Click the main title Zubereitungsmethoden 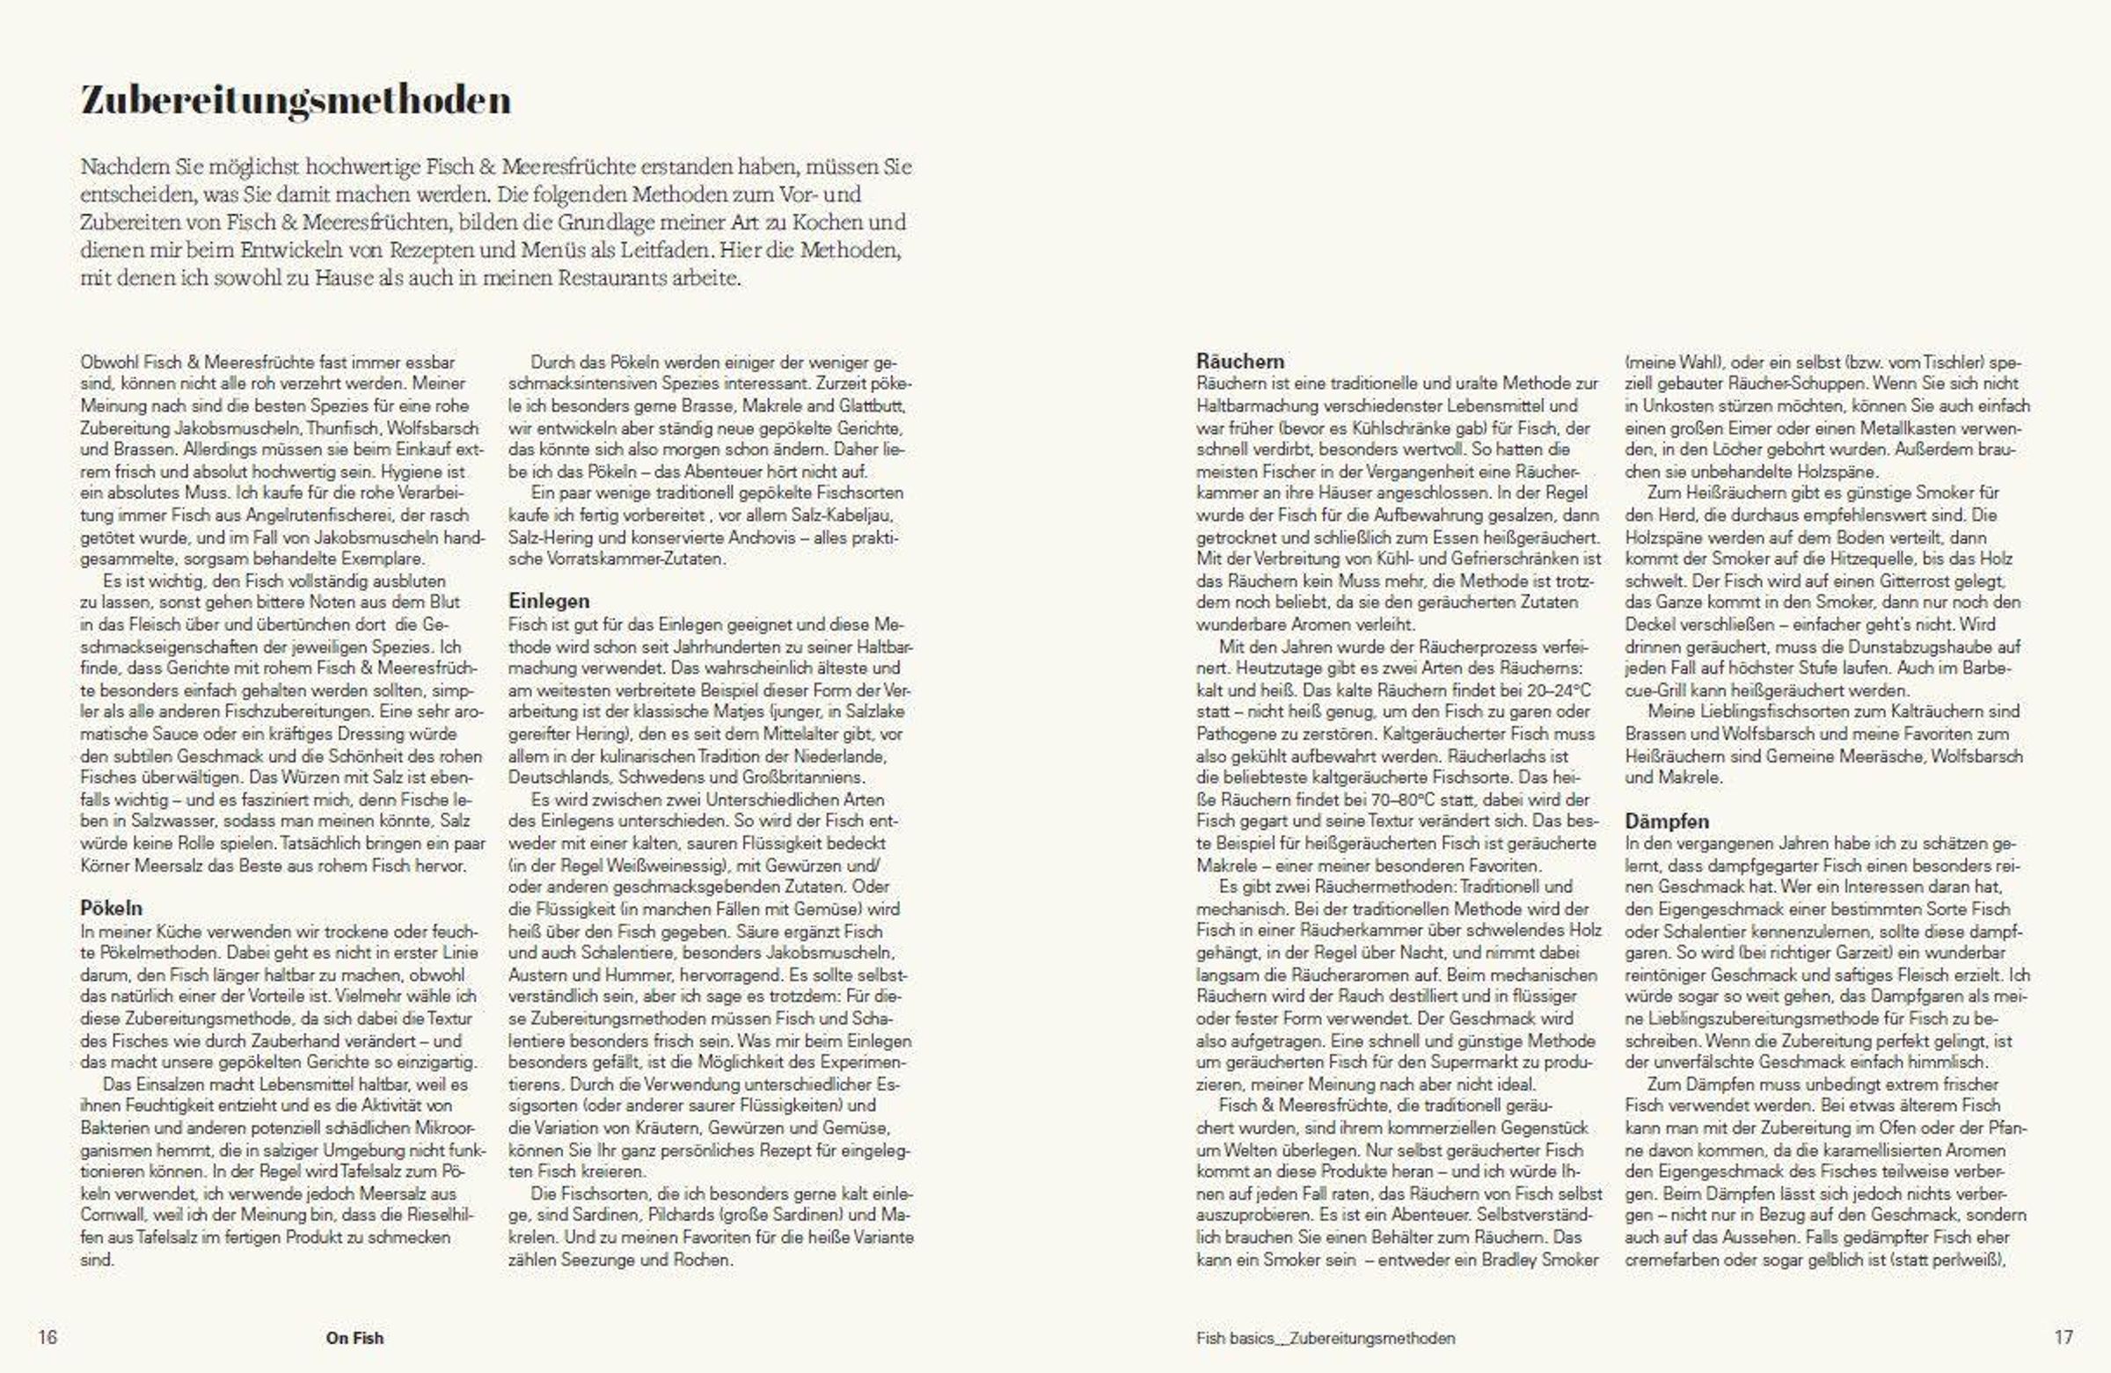click(x=296, y=100)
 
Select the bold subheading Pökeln click(x=111, y=908)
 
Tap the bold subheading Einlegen click(x=548, y=601)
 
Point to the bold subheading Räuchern click(x=1239, y=361)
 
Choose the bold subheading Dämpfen click(x=1667, y=821)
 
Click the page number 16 click(x=47, y=1337)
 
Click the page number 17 click(x=2064, y=1337)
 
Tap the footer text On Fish click(x=354, y=1338)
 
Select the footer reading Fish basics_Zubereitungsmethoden click(x=1326, y=1338)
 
